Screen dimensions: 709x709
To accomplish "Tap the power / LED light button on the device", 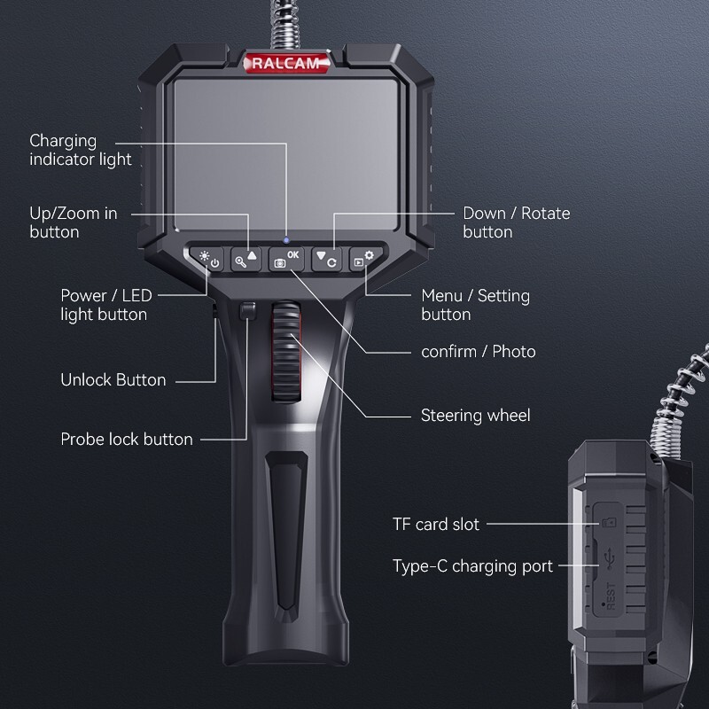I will coord(209,261).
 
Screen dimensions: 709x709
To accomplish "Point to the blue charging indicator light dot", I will coord(286,240).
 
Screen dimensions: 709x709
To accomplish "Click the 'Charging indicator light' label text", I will coord(80,150).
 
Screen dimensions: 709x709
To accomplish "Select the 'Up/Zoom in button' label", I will coord(73,222).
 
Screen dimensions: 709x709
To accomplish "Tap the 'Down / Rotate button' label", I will coord(516,222).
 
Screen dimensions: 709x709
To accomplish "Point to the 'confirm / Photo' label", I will coord(478,351).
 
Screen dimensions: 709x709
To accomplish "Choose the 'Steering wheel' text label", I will coord(475,415).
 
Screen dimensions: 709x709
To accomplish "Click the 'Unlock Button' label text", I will coord(113,379).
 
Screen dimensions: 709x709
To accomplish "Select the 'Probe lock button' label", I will coord(126,439).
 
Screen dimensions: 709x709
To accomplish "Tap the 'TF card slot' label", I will coord(435,524).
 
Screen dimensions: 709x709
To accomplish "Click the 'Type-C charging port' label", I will coord(472,565).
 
